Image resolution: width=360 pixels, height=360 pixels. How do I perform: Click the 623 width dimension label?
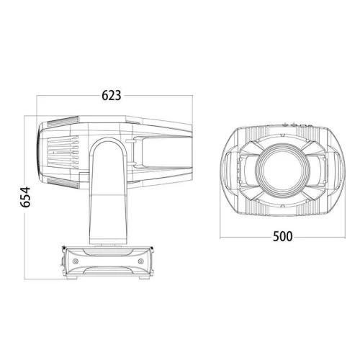[110, 95]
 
